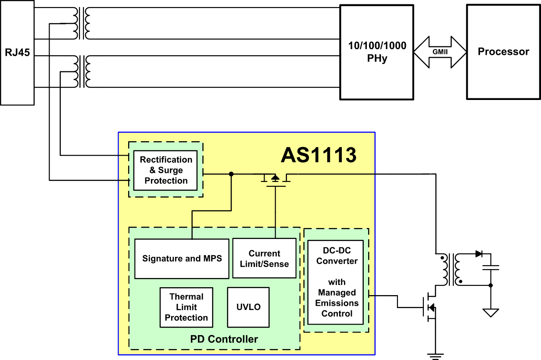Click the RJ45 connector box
click(x=17, y=53)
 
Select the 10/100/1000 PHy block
click(x=377, y=52)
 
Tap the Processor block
click(x=503, y=52)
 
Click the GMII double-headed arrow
click(x=440, y=52)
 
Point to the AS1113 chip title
click(x=319, y=155)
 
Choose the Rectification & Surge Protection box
click(x=165, y=170)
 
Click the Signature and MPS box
click(x=182, y=259)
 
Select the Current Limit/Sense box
click(x=264, y=258)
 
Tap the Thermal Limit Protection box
click(x=186, y=307)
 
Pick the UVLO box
click(x=248, y=307)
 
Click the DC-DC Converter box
click(x=336, y=282)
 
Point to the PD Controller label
click(x=224, y=339)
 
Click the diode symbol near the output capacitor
click(x=479, y=254)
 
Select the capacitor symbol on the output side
click(x=491, y=267)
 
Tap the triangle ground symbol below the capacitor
click(x=491, y=313)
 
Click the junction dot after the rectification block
click(x=231, y=174)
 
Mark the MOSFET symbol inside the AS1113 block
click(x=276, y=180)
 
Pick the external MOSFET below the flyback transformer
click(x=430, y=307)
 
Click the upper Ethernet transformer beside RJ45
click(x=82, y=23)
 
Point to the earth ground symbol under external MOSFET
click(x=435, y=356)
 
